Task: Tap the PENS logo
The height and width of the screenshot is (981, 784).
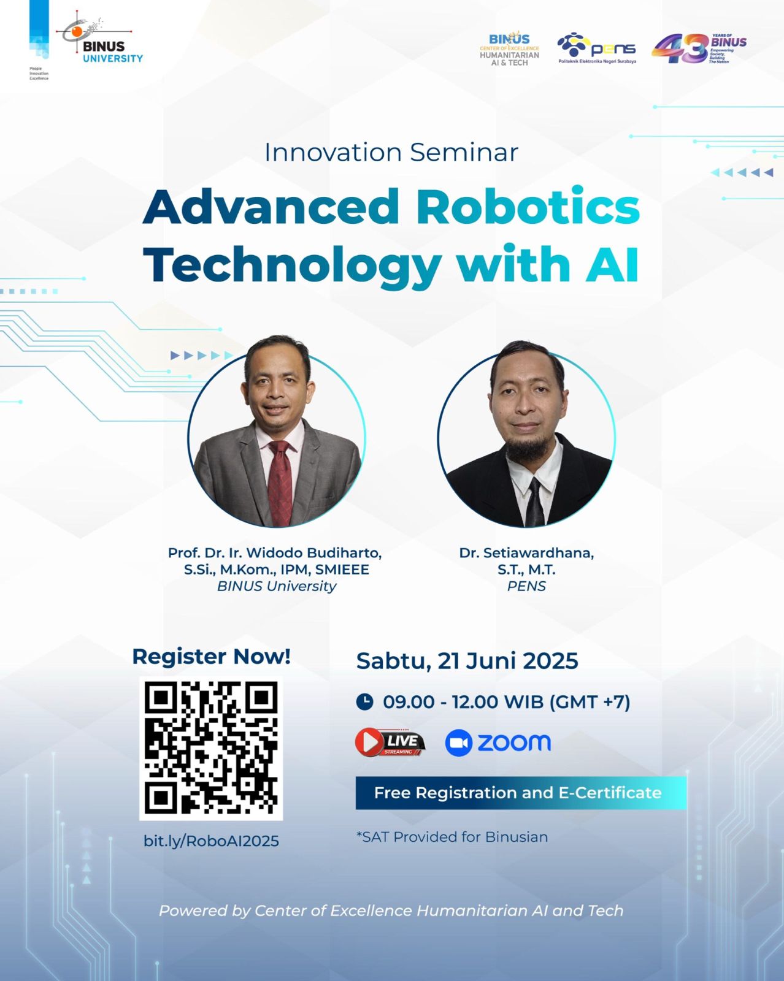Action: point(596,48)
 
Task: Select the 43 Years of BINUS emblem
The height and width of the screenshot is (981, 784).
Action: point(699,48)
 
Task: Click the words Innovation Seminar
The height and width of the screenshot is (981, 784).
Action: point(391,152)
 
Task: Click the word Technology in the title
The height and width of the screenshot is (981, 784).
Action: point(293,265)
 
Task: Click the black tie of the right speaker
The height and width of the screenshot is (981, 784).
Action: point(534,502)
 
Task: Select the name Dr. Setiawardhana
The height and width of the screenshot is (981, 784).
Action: point(526,553)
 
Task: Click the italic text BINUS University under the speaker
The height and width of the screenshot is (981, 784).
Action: point(277,586)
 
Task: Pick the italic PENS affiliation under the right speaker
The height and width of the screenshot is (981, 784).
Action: point(526,586)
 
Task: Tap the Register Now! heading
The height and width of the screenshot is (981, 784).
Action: point(211,657)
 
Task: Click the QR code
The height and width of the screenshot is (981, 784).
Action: point(211,749)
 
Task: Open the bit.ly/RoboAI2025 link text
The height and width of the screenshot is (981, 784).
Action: point(211,841)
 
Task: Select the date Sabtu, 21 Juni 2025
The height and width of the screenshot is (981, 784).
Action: point(467,661)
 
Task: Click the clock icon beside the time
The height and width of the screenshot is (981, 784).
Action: point(364,701)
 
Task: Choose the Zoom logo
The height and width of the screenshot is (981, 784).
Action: point(498,742)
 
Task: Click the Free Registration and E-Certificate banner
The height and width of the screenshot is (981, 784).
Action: point(521,793)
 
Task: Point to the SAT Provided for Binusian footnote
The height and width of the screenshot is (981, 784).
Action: point(452,838)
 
